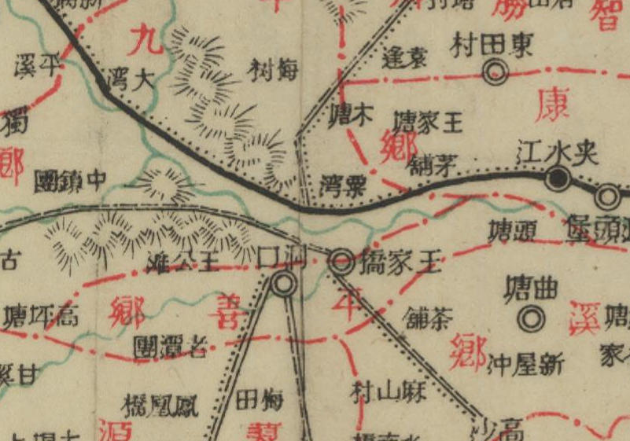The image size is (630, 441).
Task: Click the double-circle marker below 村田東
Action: pyautogui.click(x=495, y=74)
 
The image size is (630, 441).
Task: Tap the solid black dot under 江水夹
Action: pyautogui.click(x=558, y=180)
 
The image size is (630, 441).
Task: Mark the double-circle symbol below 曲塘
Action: pyautogui.click(x=532, y=318)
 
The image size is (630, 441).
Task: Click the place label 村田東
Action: pyautogui.click(x=493, y=46)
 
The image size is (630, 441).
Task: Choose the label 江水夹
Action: pyautogui.click(x=559, y=153)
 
